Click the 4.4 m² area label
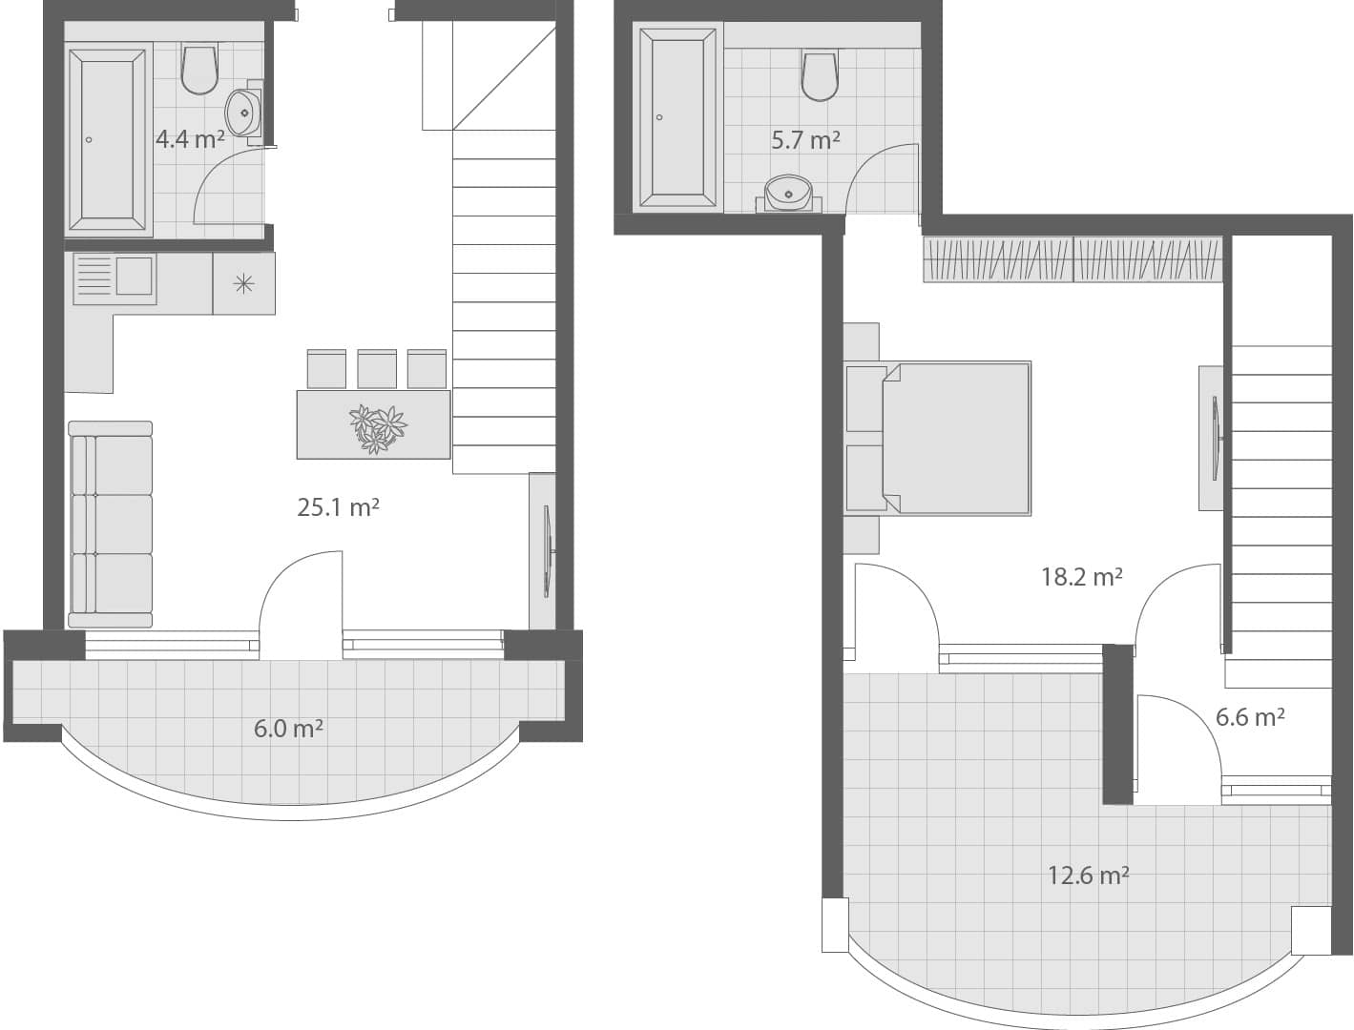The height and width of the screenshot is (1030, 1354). pos(190,139)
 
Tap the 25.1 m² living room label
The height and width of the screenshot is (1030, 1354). pos(338,507)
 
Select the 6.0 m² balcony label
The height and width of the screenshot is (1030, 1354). pos(288,730)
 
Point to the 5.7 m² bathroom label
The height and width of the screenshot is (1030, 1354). pos(805,140)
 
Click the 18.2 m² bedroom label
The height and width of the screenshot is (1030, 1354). pos(1081,577)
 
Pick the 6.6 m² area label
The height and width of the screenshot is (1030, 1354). pos(1249,717)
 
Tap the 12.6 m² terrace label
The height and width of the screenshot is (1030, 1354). pos(1088,875)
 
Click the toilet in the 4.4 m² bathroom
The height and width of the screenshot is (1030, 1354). pos(199,70)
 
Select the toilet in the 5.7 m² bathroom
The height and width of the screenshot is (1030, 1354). pos(820,75)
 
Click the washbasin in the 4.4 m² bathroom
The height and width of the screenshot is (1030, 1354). pos(244,112)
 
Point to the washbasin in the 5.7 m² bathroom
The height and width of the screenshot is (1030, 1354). pos(789,193)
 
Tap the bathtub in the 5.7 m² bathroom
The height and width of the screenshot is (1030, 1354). pos(677,117)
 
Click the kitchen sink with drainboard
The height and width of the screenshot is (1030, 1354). pos(115,278)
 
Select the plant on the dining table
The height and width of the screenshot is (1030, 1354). pos(377,428)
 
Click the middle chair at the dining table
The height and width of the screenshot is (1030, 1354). pos(377,368)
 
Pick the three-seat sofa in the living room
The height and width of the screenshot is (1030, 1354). pos(111,525)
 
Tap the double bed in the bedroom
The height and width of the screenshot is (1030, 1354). pos(938,438)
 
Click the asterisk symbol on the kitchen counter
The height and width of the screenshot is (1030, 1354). pos(244,282)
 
